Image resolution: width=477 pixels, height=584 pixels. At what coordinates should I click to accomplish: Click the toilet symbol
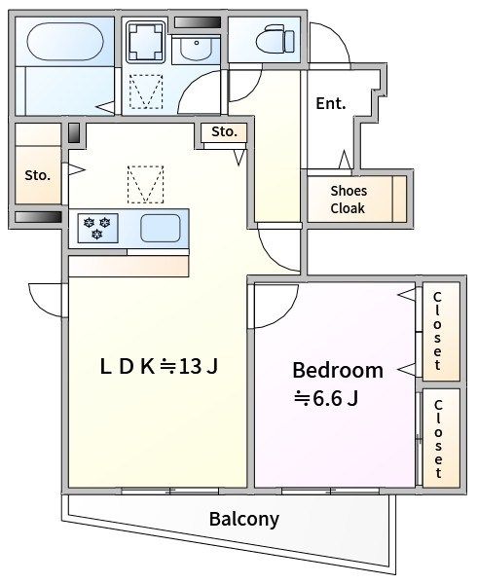275,38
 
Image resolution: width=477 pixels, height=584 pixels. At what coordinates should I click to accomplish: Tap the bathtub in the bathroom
65,42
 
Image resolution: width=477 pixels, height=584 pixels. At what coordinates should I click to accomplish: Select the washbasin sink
196,47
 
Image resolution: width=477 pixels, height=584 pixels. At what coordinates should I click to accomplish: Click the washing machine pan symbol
145,42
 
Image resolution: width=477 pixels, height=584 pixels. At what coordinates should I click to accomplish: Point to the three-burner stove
97,228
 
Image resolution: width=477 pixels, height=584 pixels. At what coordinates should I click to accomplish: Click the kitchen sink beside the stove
161,228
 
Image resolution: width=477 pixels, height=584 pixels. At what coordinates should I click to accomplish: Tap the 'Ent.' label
331,103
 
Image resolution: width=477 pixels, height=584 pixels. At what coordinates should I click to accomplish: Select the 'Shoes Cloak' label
349,200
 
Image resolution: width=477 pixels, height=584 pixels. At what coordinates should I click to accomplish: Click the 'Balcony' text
244,519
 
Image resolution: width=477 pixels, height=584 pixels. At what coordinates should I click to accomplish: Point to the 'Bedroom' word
338,370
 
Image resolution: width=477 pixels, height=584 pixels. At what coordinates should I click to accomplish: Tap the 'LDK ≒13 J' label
159,367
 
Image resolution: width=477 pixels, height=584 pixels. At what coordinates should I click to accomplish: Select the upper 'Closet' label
437,331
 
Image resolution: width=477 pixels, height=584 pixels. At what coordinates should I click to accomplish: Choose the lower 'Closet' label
438,438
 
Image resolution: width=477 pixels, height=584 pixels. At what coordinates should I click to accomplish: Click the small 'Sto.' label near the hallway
224,131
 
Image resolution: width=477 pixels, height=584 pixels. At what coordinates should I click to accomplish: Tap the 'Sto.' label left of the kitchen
37,175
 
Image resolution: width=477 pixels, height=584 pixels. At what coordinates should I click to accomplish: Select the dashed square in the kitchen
146,185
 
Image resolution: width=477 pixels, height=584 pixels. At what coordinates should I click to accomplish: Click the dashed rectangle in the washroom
146,91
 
